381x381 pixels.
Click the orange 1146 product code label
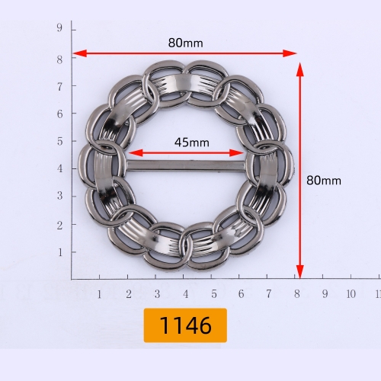click(x=185, y=325)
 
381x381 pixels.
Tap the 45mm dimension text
click(x=192, y=142)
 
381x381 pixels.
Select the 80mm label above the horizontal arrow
click(x=185, y=43)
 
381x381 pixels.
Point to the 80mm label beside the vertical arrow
click(x=324, y=181)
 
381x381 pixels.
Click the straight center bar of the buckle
click(x=186, y=166)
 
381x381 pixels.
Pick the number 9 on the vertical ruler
click(x=59, y=27)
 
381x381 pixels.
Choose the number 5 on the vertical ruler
click(x=59, y=141)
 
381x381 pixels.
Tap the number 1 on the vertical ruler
click(x=60, y=252)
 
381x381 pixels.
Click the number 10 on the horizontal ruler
click(x=351, y=294)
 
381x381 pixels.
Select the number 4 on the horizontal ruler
click(x=186, y=294)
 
